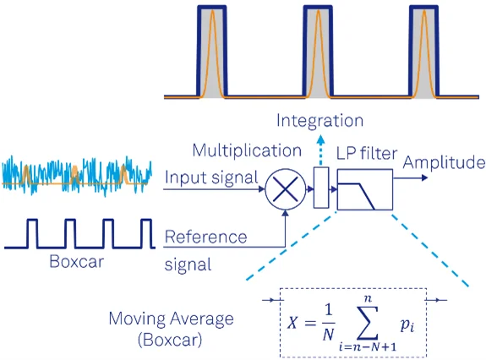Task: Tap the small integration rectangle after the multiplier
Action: [x=321, y=188]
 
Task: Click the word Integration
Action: [x=319, y=121]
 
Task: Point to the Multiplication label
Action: [x=247, y=150]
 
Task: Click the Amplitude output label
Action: [x=444, y=162]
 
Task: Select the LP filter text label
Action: [x=367, y=153]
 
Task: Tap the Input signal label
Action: [x=211, y=177]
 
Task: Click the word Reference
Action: [x=205, y=237]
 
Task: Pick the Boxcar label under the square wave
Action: [x=77, y=261]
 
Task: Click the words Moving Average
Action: [x=171, y=319]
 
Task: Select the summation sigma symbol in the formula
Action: [x=368, y=323]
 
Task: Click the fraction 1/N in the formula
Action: [x=328, y=323]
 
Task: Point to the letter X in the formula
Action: [x=292, y=323]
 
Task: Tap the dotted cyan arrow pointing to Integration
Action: [x=321, y=150]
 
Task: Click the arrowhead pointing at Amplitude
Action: [x=424, y=177]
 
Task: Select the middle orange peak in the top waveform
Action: [x=318, y=53]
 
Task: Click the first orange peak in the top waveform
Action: [x=212, y=53]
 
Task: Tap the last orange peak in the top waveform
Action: [x=424, y=53]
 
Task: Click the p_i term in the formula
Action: [x=407, y=325]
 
